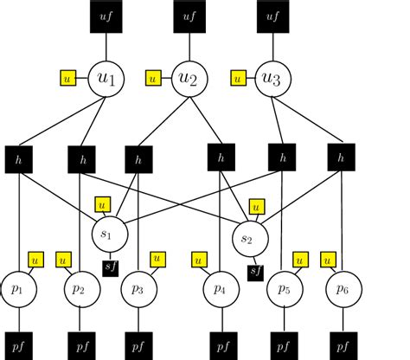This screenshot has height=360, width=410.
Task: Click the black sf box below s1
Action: [x=111, y=267]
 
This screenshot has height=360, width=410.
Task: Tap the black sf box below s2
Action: [x=255, y=273]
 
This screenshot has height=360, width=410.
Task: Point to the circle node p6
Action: [x=343, y=288]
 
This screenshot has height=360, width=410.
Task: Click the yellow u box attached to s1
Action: [x=103, y=205]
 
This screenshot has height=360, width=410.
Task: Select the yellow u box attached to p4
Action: [x=199, y=259]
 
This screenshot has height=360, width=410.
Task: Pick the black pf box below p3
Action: [x=138, y=344]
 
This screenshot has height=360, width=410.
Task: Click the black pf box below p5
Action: [x=282, y=344]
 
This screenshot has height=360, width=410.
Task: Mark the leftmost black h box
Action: [x=20, y=158]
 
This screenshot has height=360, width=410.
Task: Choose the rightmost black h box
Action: [x=343, y=158]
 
